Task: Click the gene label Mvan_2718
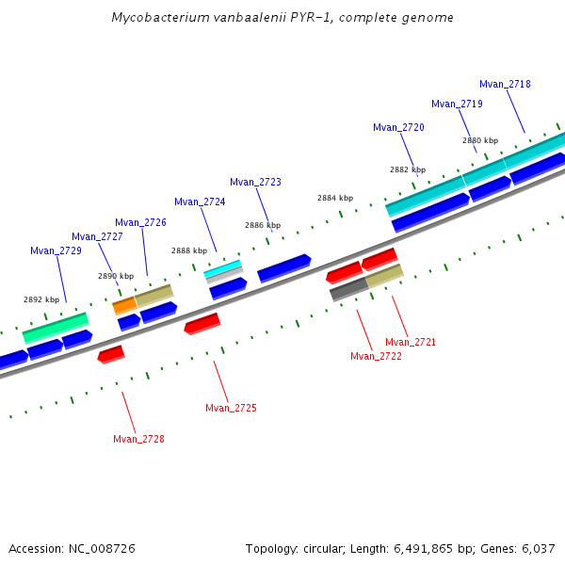click(505, 84)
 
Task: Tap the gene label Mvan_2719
click(457, 104)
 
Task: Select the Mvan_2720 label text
click(398, 127)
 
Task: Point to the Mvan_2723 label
click(255, 182)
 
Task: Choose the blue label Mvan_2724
click(200, 202)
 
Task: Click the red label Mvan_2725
click(231, 408)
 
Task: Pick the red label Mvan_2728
click(138, 439)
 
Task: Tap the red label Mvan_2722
click(376, 356)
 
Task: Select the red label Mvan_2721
click(411, 342)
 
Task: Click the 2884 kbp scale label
click(335, 198)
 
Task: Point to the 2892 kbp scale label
click(41, 299)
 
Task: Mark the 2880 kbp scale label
click(480, 140)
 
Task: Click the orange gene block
click(124, 305)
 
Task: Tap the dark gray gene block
click(347, 289)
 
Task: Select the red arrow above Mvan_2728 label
click(111, 354)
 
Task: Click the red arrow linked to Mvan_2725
click(202, 324)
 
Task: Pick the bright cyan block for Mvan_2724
click(222, 268)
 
